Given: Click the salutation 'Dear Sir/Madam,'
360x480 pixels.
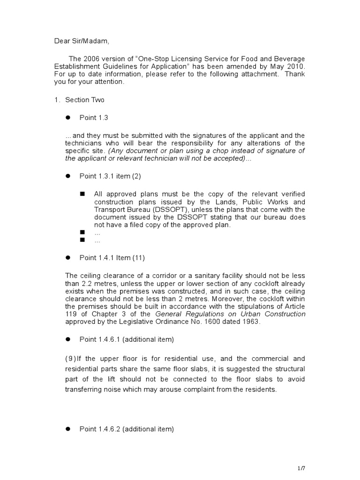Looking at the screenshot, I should click(x=82, y=41).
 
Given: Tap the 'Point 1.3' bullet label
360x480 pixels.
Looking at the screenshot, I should click(x=94, y=118).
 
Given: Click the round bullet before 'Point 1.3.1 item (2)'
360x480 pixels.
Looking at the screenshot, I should click(x=67, y=176).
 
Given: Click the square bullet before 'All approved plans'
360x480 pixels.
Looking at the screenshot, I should click(x=82, y=194).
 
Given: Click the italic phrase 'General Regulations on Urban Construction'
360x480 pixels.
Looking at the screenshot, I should click(x=230, y=314).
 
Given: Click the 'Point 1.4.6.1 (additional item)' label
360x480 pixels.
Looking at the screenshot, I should click(x=127, y=339).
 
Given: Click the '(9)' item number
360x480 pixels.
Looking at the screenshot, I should click(x=71, y=359).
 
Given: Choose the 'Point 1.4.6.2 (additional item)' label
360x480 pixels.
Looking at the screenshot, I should click(x=127, y=428).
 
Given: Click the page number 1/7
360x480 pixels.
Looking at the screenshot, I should click(x=301, y=468).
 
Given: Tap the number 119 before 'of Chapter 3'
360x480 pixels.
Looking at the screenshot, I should click(x=71, y=314).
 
